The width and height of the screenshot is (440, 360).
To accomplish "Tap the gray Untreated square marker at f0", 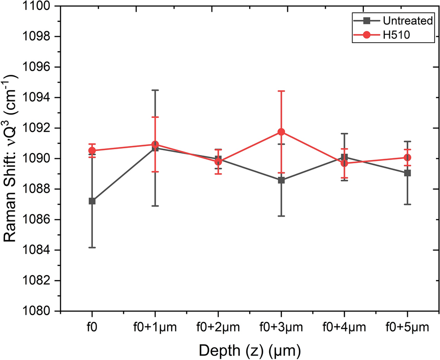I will [x=92, y=201].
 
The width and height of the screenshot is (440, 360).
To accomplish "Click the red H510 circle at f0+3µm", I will [x=281, y=132].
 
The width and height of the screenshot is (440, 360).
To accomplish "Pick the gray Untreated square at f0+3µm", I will [x=281, y=180].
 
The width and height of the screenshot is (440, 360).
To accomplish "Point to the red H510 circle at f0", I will [x=92, y=151].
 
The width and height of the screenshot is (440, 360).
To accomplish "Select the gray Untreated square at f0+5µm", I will [x=407, y=173].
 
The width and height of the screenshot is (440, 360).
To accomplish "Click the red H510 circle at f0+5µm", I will [x=407, y=157].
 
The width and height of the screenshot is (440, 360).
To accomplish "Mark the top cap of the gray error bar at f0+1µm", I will [x=155, y=90].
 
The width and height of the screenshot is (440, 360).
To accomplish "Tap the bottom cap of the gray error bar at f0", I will [x=92, y=248].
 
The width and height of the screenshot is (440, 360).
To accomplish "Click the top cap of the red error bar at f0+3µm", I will [x=281, y=91].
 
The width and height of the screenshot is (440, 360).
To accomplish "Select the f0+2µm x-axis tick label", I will [x=218, y=326].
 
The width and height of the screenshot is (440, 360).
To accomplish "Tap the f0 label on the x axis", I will [x=92, y=326].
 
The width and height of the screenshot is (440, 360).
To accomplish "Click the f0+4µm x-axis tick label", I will [x=344, y=326].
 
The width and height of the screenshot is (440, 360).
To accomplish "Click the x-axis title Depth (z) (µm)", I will [x=249, y=350].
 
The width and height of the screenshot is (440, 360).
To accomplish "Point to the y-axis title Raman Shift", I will [x=12, y=159].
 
